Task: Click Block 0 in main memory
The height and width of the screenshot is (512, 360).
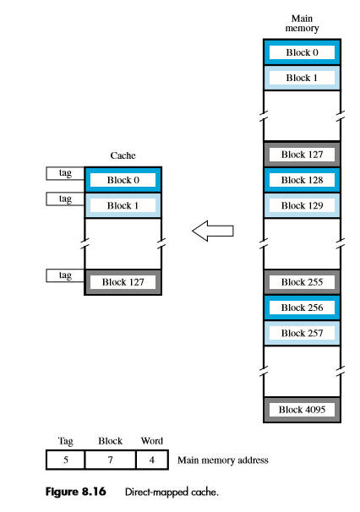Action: point(302,52)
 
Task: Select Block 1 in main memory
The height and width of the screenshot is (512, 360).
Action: point(302,78)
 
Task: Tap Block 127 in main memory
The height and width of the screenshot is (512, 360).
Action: point(302,155)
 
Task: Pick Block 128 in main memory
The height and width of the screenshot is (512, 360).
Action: point(302,180)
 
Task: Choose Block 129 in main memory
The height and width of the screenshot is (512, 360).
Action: point(302,205)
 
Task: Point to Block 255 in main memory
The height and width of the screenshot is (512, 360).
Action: point(302,282)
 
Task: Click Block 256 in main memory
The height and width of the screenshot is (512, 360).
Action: point(302,308)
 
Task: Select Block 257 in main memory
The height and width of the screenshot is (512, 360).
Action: point(302,333)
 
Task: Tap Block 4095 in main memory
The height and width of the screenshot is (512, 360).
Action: point(302,410)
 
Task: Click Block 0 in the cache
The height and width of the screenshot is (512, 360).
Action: point(123,180)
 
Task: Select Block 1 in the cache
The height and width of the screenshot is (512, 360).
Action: point(123,205)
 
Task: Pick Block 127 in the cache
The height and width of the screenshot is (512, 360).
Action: point(123,281)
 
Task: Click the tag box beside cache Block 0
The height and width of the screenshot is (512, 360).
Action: point(65,173)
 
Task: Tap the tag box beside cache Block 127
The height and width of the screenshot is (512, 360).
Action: point(65,275)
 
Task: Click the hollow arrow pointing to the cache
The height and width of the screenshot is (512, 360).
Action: point(212,231)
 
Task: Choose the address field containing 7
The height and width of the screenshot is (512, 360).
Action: point(111,460)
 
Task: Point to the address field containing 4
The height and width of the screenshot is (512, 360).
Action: point(153,460)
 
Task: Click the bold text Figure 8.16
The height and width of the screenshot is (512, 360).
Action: point(74,491)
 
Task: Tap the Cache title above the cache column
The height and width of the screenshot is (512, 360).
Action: point(123,156)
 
